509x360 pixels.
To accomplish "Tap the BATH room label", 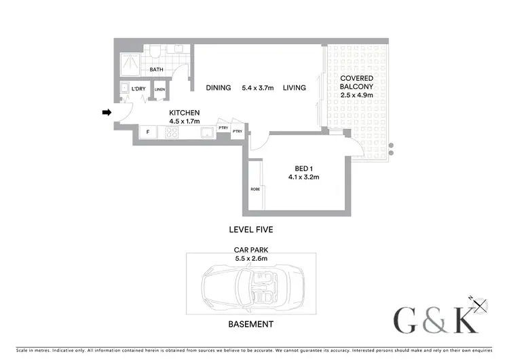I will click(x=156, y=69).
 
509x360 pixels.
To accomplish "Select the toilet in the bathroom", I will click(x=155, y=52).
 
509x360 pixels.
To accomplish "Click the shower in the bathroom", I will click(x=128, y=63).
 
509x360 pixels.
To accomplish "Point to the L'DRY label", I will click(x=138, y=89).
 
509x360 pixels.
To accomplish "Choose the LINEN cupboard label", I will click(x=160, y=89).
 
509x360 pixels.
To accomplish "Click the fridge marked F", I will click(x=147, y=132).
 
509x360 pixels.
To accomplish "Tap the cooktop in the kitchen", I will click(x=172, y=132).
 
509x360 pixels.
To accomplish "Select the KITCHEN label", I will click(x=184, y=112).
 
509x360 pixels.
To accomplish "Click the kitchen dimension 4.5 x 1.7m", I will click(x=184, y=121).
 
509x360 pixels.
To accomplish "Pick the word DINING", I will click(x=219, y=88).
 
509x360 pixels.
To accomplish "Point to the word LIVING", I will click(x=295, y=88).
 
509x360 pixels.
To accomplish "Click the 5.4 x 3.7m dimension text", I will click(x=257, y=88).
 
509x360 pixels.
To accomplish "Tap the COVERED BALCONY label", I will click(x=357, y=83).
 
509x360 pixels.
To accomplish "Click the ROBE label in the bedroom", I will click(x=255, y=188).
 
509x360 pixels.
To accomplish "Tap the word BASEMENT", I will click(x=251, y=325).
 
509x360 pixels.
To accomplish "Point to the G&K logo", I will click(x=438, y=320).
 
